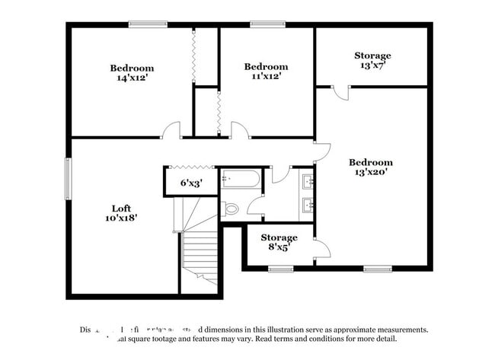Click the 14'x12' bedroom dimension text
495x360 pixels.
pos(131,78)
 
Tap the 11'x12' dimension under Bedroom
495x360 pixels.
pos(266,76)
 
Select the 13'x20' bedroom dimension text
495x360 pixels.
pos(371,172)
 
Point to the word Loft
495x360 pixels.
pos(122,207)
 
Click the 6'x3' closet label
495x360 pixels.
pos(191,183)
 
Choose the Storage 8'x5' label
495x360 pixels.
pos(279,242)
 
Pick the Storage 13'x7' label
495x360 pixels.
pos(372,60)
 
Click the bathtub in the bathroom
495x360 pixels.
pos(241,180)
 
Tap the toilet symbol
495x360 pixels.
pos(230,208)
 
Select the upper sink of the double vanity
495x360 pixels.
pos(308,181)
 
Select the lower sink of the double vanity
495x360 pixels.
pos(308,205)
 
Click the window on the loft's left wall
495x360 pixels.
pos(68,179)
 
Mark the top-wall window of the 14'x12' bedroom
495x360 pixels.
pos(148,24)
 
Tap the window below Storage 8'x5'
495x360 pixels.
pos(280,268)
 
